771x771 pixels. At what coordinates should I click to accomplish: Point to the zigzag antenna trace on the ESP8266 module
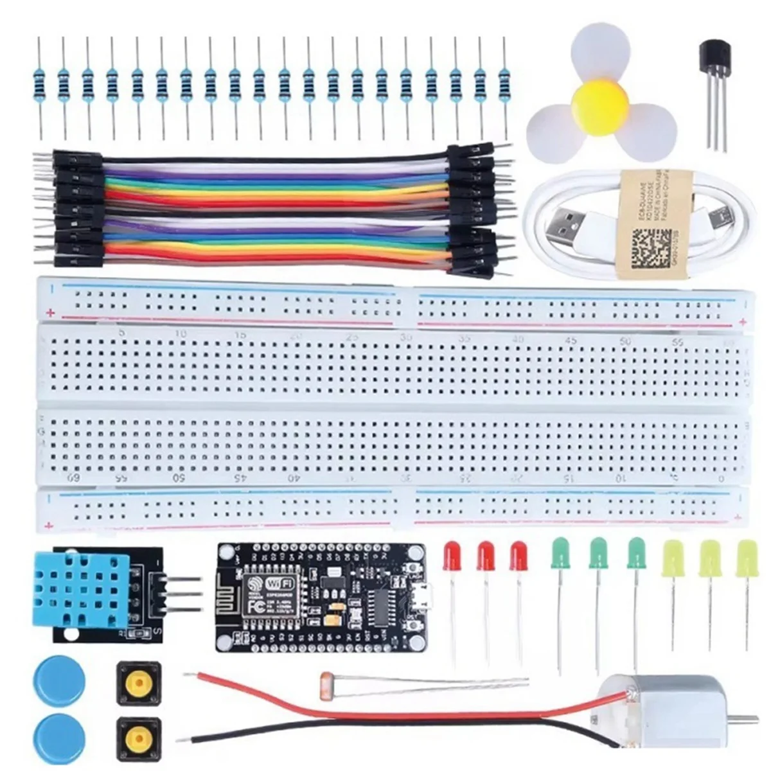tap(233, 589)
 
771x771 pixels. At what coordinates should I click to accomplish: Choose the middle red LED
tap(486, 556)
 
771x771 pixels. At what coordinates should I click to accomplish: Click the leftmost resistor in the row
tap(40, 84)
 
